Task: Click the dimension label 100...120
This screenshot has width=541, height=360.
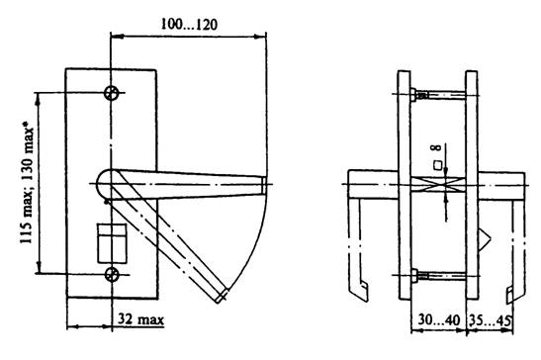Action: point(190,25)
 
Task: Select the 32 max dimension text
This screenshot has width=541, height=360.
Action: point(140,319)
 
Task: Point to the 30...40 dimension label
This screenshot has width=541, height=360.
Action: point(439,320)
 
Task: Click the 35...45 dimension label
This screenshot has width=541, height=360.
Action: point(490,320)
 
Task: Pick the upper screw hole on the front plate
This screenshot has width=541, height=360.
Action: point(112,93)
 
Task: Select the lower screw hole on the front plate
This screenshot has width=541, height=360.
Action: point(112,275)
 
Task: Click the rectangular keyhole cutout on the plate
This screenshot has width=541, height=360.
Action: point(112,243)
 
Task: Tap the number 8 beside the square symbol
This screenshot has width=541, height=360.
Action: point(437,147)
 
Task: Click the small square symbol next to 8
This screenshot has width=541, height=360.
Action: point(438,165)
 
